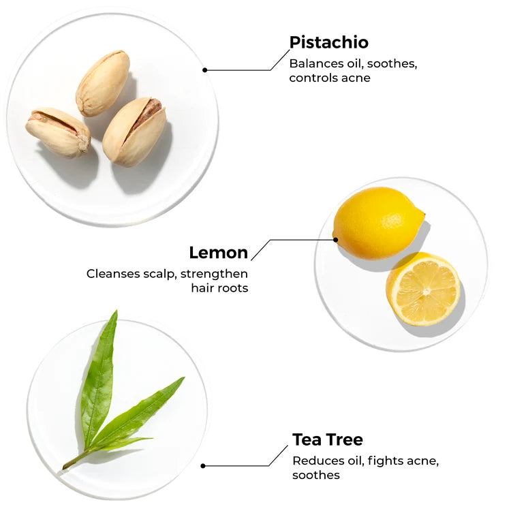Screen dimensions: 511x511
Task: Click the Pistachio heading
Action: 329,43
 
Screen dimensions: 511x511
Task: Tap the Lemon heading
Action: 218,253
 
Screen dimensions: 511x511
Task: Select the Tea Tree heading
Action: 328,439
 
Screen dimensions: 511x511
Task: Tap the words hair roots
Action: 219,288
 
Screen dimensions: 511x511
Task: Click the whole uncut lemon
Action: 379,223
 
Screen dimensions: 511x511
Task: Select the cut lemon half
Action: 423,289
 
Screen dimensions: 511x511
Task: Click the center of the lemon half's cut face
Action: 426,291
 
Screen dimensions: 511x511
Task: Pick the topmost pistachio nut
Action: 103,83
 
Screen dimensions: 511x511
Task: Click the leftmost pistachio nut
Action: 58,132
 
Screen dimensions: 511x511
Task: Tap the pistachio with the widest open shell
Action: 134,131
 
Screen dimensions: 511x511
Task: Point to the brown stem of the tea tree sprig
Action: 76,460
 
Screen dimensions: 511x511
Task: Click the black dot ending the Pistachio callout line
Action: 204,70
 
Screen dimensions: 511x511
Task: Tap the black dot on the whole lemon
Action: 335,240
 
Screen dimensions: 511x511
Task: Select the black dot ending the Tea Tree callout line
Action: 203,466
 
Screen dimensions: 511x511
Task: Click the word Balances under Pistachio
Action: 316,63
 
